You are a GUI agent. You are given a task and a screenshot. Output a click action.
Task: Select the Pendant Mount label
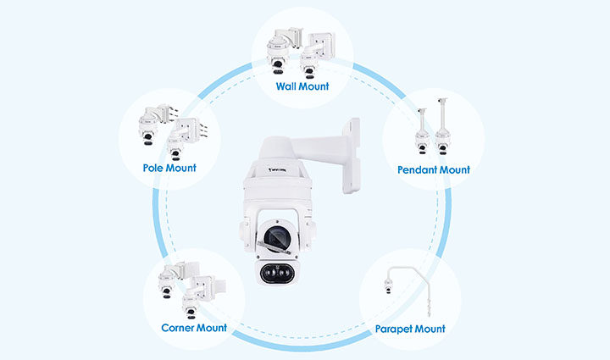[x=434, y=169]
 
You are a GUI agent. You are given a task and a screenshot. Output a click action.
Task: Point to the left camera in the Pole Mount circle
[x=149, y=134]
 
